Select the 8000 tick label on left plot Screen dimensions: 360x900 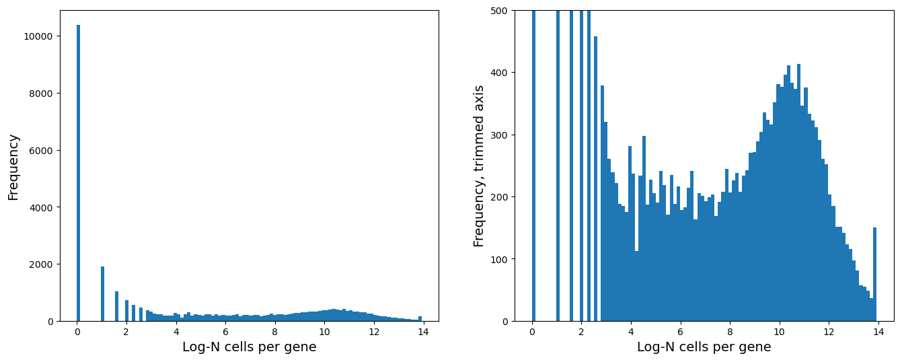(42, 93)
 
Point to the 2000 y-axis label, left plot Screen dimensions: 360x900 (42, 264)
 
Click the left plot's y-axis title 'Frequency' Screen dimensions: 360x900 (13, 167)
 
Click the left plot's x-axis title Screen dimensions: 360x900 (249, 347)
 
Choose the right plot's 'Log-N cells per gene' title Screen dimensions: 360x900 (704, 347)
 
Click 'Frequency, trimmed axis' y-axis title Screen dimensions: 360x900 (479, 166)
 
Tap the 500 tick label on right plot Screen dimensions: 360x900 (501, 11)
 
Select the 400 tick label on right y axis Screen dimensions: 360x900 (501, 73)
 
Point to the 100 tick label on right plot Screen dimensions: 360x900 (501, 259)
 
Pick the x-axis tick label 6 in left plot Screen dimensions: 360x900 (225, 332)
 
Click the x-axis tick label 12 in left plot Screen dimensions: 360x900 (373, 332)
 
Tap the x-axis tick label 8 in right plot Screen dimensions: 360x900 (729, 332)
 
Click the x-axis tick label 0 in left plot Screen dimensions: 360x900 (77, 332)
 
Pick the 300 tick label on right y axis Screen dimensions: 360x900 (501, 135)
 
